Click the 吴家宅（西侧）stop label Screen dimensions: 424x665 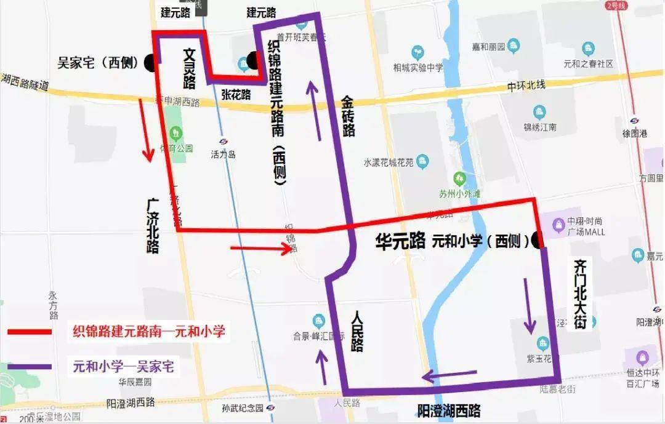(x=98, y=63)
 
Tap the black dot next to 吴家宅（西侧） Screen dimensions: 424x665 (x=150, y=62)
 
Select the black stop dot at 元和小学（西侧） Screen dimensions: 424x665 (x=538, y=241)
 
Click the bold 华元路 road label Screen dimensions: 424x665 (x=400, y=241)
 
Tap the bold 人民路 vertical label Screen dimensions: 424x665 (x=357, y=331)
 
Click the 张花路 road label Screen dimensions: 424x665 (x=236, y=94)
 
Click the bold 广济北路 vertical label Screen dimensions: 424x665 (x=153, y=225)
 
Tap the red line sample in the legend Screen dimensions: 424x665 (x=30, y=332)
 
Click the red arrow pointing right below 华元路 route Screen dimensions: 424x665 (x=260, y=249)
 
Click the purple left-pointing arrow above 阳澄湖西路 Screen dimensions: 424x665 (x=449, y=374)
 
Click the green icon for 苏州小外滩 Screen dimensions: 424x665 (x=459, y=179)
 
